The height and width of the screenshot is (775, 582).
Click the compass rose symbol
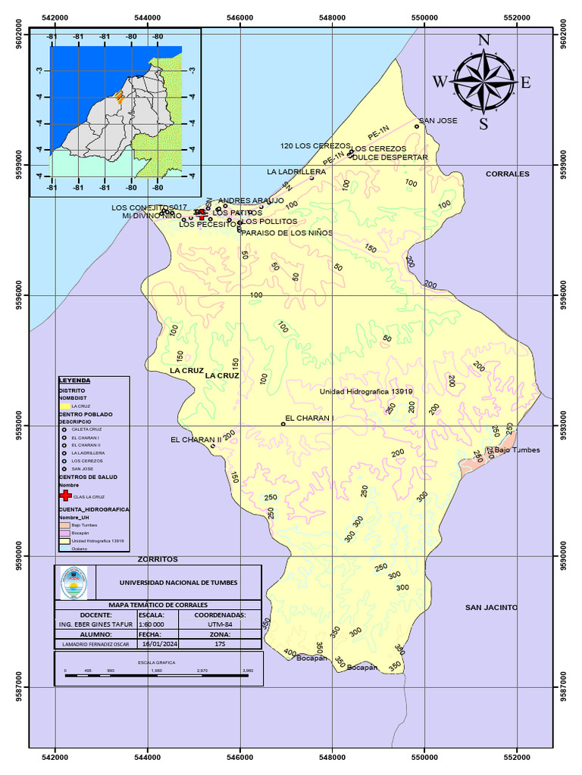(x=483, y=81)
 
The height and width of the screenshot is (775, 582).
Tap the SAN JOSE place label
(x=438, y=120)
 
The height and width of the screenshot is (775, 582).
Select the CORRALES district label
(x=507, y=173)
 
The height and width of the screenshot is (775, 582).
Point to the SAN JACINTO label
(x=491, y=607)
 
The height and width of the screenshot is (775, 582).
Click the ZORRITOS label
(x=158, y=559)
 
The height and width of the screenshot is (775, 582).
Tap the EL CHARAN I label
(x=309, y=418)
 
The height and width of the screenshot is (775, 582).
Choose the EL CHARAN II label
(x=196, y=439)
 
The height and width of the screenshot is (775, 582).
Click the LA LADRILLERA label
(x=296, y=172)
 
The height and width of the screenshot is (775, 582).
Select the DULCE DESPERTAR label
(x=390, y=157)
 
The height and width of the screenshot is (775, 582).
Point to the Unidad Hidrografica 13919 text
(x=365, y=391)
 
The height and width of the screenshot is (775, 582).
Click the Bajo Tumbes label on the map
(x=517, y=450)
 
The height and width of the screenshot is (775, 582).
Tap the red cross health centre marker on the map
(x=202, y=214)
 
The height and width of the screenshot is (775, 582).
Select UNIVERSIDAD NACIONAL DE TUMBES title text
(x=178, y=582)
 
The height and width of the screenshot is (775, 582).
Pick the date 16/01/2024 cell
(x=158, y=643)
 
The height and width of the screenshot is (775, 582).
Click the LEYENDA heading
(x=74, y=381)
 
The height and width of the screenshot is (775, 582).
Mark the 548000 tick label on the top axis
(x=332, y=17)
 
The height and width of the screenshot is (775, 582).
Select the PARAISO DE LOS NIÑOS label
(x=286, y=233)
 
